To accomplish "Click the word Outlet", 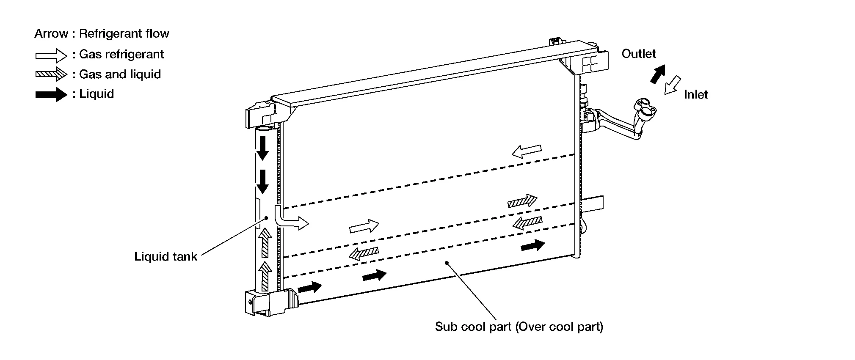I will (638, 54).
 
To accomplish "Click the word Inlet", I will (695, 94).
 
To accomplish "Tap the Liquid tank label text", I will (165, 256).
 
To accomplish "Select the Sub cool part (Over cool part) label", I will (519, 327).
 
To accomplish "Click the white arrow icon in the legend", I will (51, 55).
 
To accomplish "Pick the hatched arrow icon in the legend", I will (51, 74).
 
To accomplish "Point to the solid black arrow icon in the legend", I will (51, 94).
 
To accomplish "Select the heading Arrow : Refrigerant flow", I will (102, 33).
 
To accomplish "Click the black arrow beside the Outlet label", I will (657, 74).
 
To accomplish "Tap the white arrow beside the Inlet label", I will (672, 85).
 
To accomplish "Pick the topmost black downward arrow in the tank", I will (263, 148).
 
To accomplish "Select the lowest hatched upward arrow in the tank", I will (265, 276).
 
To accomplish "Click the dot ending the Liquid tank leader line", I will (266, 218).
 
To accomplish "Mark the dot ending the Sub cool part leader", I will (446, 263).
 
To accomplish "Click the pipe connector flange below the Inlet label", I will (644, 108).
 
